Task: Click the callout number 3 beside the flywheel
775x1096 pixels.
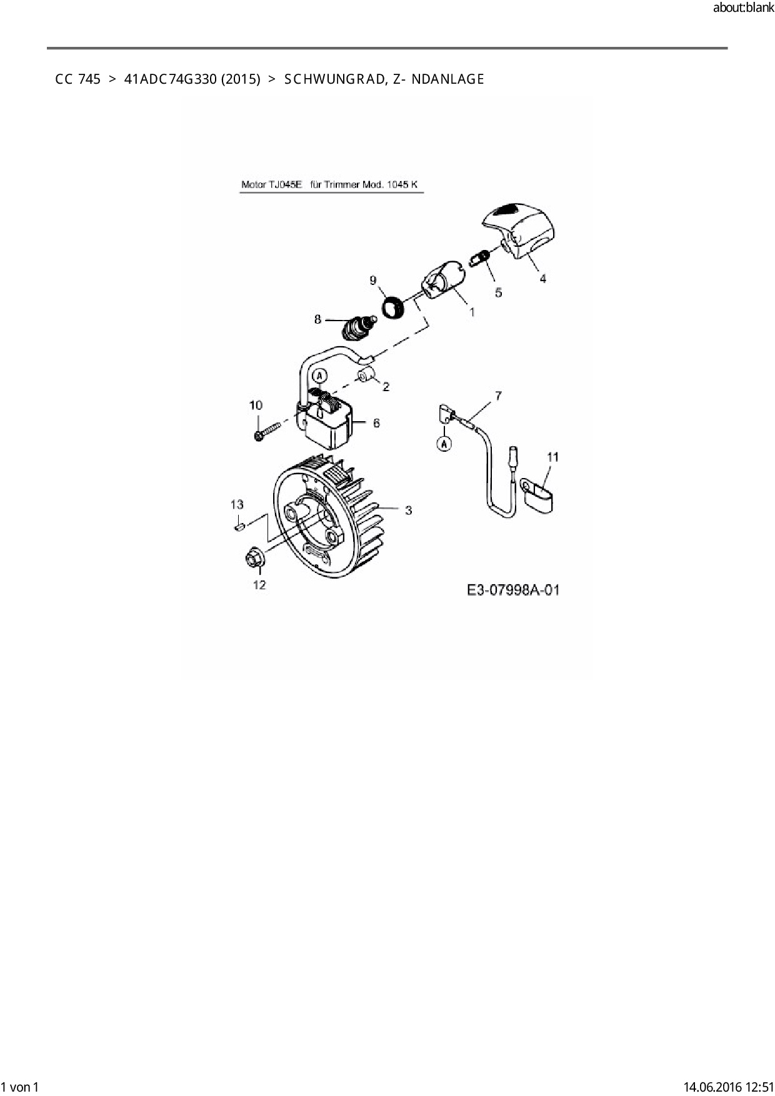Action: tap(408, 511)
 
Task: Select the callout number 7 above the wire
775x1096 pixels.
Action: tap(498, 396)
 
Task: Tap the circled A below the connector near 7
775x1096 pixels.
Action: tap(444, 444)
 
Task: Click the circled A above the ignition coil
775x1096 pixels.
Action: tap(319, 376)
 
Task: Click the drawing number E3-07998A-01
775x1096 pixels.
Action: tap(512, 590)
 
